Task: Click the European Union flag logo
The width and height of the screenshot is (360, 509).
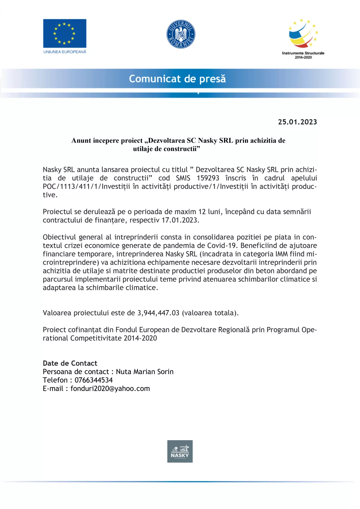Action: click(64, 33)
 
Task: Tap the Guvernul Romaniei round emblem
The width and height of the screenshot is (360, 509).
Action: click(181, 34)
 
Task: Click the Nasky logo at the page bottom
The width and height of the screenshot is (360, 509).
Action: click(180, 451)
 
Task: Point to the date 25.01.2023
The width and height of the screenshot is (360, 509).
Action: click(297, 122)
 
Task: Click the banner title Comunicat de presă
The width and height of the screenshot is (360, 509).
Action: click(177, 79)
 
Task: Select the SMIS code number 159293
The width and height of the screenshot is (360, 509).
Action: click(208, 178)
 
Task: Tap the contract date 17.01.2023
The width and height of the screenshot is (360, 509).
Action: click(180, 220)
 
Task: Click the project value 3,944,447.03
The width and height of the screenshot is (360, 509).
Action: click(158, 313)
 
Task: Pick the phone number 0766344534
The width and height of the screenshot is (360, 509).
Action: click(94, 380)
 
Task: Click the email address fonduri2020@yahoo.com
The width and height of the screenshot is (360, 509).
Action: click(110, 389)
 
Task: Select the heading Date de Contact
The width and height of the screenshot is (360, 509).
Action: click(70, 363)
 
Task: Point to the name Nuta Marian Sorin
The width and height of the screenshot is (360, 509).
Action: click(145, 372)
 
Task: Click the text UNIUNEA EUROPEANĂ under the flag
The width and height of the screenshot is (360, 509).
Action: click(65, 52)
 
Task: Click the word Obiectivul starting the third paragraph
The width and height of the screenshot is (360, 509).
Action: click(59, 237)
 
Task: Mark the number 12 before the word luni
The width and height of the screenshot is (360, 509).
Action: click(202, 212)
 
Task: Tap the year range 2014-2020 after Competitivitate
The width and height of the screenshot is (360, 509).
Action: click(140, 338)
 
